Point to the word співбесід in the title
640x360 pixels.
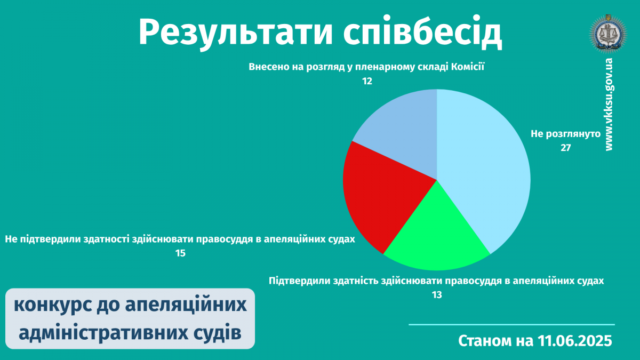(422, 32)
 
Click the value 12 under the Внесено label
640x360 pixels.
(367, 81)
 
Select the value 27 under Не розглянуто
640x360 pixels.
(566, 148)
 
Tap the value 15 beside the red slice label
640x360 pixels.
(180, 253)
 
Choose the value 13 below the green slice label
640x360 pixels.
(437, 295)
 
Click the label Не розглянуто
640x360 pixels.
(566, 134)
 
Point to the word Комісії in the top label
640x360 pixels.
(468, 67)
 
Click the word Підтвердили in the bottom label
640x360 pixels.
(298, 281)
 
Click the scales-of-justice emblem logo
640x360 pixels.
(608, 34)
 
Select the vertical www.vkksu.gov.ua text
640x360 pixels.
(609, 105)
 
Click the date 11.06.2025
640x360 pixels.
(574, 341)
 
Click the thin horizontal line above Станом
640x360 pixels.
(511, 325)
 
